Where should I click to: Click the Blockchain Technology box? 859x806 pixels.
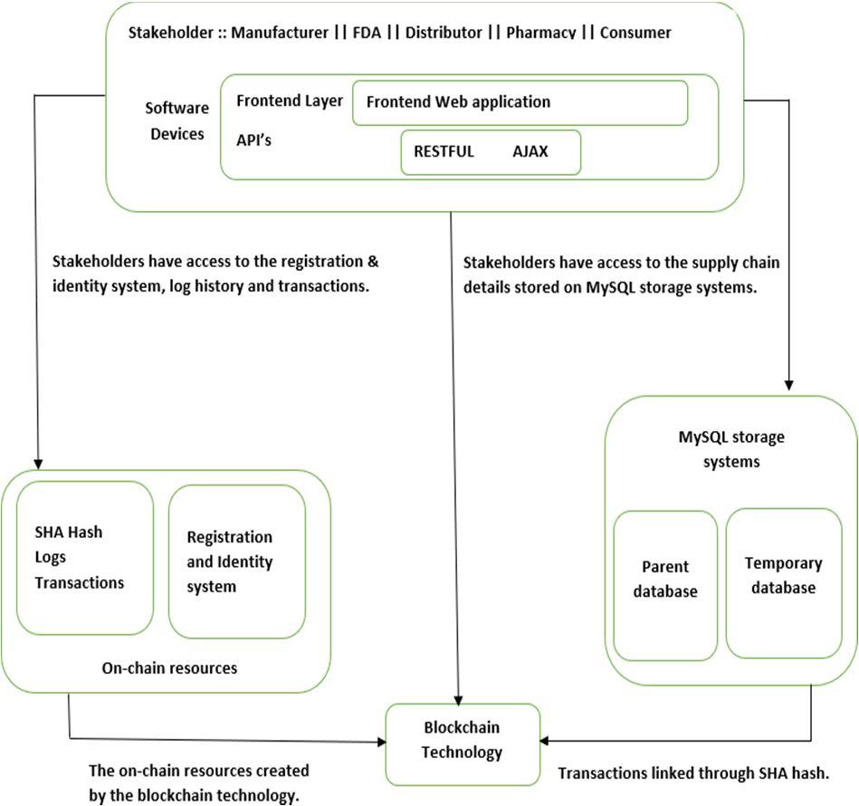tap(463, 744)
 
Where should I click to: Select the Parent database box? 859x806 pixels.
tap(665, 586)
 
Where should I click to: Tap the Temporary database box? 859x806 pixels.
tap(783, 583)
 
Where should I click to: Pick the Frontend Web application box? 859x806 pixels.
tap(520, 103)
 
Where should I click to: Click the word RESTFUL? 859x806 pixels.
tap(444, 151)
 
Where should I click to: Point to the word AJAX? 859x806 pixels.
tap(530, 151)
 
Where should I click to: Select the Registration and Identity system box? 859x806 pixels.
tap(236, 561)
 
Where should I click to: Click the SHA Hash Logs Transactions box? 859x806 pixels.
tap(85, 558)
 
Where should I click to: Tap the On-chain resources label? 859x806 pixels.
tap(169, 668)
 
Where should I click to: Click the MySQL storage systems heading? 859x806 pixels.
tap(731, 449)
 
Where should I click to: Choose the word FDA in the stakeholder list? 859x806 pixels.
tap(367, 33)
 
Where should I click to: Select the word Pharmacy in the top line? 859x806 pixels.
tap(540, 33)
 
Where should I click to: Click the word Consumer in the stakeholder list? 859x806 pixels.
tap(635, 33)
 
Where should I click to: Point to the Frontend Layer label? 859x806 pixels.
tap(290, 101)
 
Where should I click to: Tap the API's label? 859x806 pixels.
tap(253, 140)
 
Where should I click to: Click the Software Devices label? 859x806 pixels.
tap(177, 120)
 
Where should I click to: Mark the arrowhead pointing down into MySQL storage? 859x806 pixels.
tap(789, 385)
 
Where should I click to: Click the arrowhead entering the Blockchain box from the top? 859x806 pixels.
tap(459, 700)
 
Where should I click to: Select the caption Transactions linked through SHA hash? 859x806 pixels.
tap(693, 773)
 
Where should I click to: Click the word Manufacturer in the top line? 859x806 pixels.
tap(280, 33)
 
